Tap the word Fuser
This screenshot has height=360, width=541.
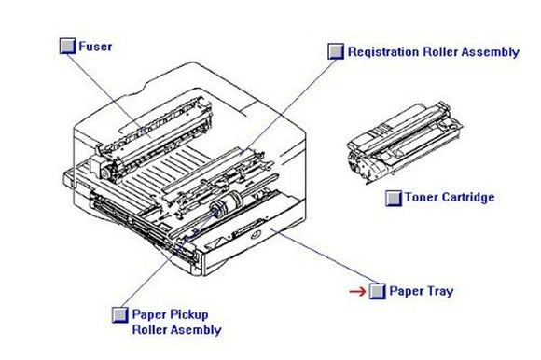click(x=96, y=47)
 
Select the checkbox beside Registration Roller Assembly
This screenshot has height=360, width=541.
click(x=336, y=52)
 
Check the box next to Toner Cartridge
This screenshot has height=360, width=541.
click(x=394, y=198)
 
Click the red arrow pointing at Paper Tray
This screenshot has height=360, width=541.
click(x=356, y=291)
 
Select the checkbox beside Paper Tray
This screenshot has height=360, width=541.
click(x=377, y=291)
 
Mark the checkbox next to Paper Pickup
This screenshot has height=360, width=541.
click(x=119, y=314)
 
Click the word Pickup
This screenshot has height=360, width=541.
click(x=189, y=314)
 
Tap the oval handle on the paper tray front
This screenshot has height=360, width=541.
click(x=248, y=230)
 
